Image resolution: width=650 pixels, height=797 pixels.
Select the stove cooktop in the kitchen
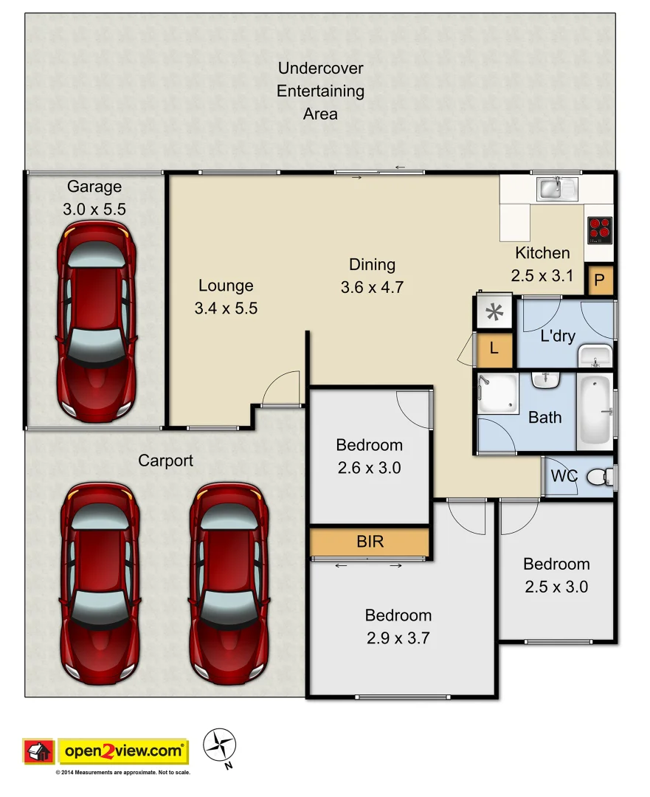pyautogui.click(x=600, y=230)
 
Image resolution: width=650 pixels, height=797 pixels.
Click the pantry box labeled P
pyautogui.click(x=600, y=281)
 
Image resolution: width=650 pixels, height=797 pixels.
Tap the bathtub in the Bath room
pyautogui.click(x=595, y=411)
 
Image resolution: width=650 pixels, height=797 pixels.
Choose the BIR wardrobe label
pyautogui.click(x=370, y=542)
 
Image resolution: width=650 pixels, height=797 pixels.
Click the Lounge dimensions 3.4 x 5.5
pyautogui.click(x=226, y=308)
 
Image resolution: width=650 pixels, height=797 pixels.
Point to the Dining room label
pyautogui.click(x=372, y=264)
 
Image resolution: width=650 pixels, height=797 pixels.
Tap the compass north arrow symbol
pyautogui.click(x=220, y=745)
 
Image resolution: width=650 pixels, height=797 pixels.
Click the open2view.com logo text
pyautogui.click(x=124, y=751)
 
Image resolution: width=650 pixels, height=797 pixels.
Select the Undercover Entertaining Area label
pyautogui.click(x=320, y=91)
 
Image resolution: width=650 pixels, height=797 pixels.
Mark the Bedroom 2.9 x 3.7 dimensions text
pyautogui.click(x=398, y=638)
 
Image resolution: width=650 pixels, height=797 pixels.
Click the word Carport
pyautogui.click(x=166, y=460)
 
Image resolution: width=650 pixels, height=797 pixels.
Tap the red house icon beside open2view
pyautogui.click(x=39, y=751)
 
